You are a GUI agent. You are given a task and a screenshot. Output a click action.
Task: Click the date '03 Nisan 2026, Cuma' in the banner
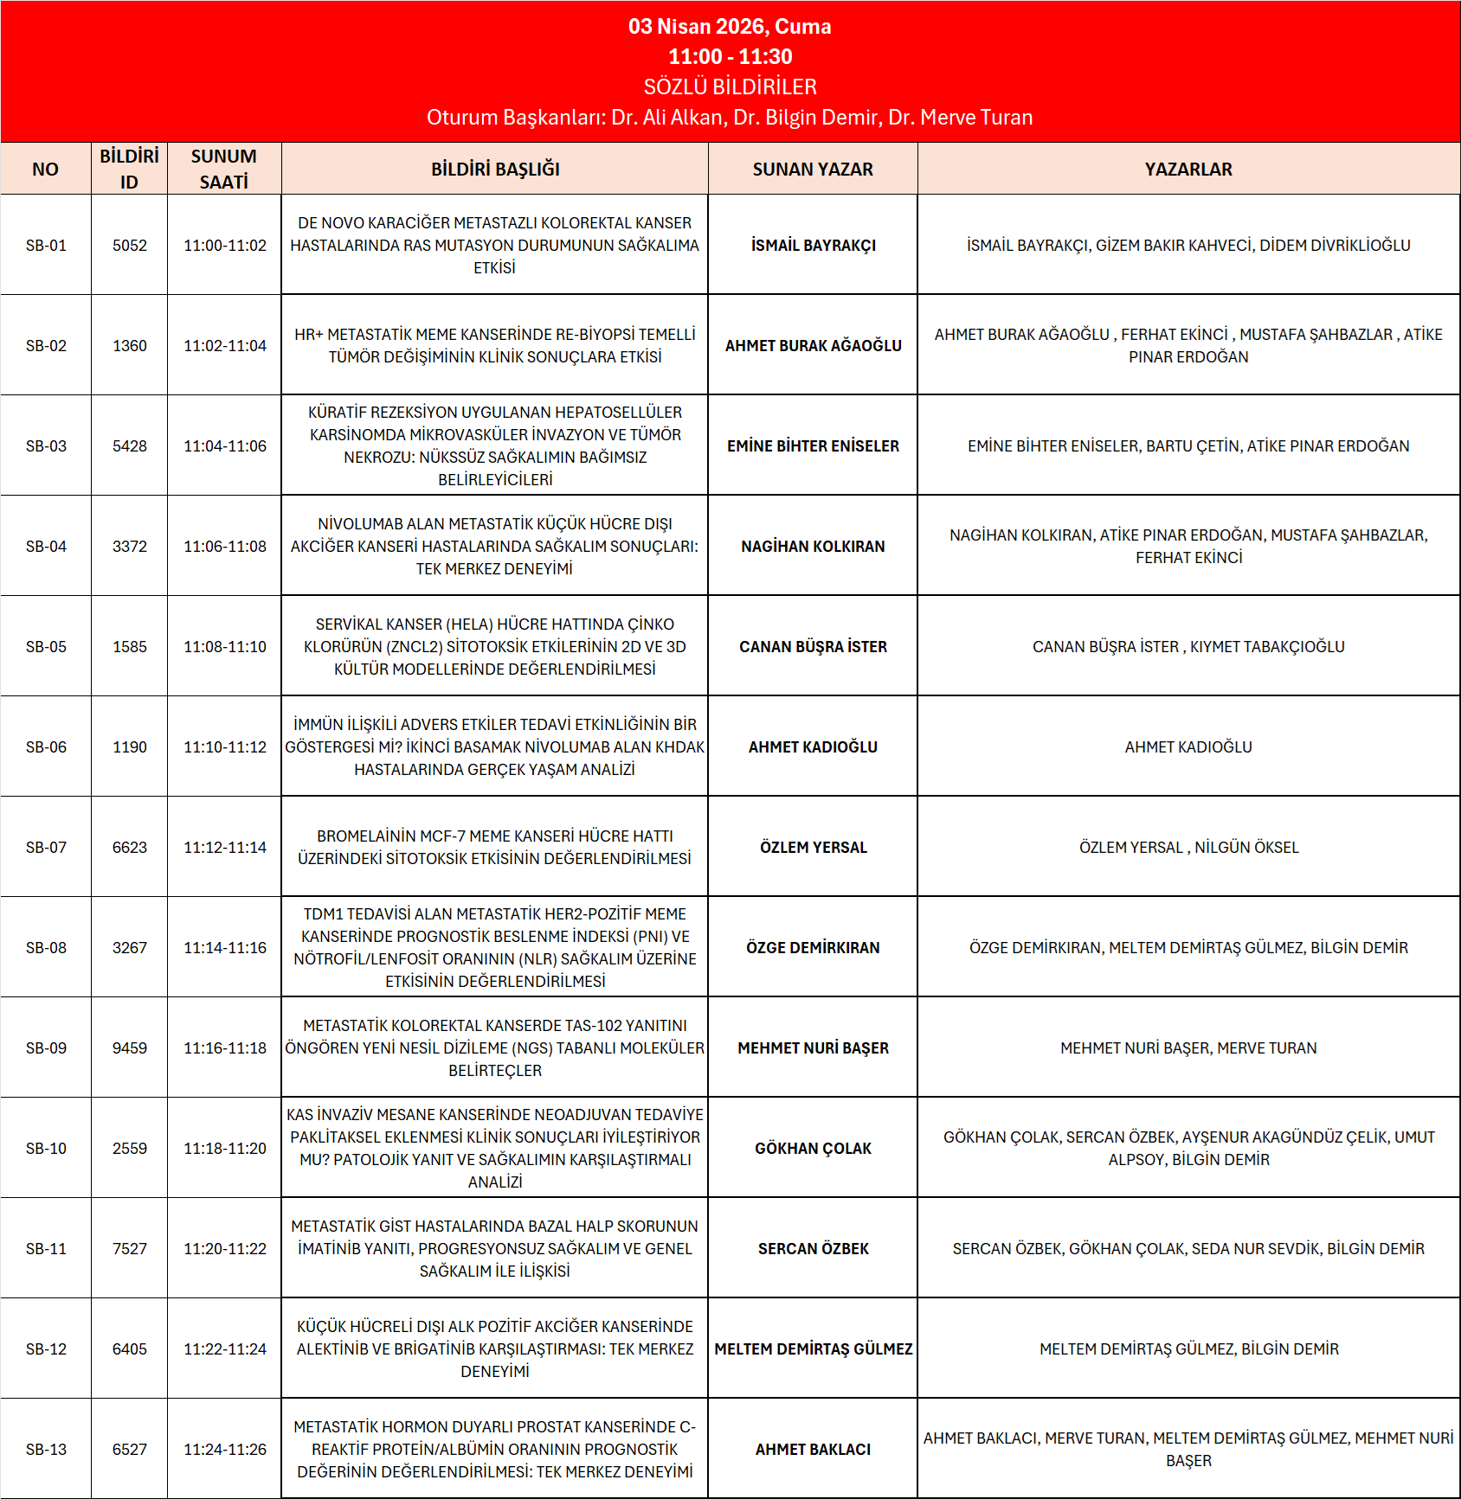pos(730,27)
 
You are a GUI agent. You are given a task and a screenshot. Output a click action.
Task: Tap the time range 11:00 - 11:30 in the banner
pos(730,57)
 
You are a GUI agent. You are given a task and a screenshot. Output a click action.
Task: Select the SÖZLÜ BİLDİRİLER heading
pos(730,86)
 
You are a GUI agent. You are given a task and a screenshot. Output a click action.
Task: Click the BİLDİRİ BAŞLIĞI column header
pos(495,170)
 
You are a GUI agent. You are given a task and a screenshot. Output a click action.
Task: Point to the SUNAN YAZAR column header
pos(813,170)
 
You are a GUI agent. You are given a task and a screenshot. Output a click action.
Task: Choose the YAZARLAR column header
pos(1188,170)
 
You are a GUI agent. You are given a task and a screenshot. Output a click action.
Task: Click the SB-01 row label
pos(46,246)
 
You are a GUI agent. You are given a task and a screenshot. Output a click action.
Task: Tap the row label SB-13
pos(46,1450)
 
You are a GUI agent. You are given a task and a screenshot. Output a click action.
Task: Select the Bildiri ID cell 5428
pos(130,446)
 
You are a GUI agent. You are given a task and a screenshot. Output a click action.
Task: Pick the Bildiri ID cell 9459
pos(130,1048)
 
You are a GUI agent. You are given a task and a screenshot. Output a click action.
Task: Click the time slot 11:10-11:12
pos(225,747)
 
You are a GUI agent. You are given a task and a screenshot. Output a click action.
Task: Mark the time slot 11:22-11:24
pos(225,1349)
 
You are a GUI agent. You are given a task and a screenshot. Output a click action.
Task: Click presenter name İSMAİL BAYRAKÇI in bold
pos(813,246)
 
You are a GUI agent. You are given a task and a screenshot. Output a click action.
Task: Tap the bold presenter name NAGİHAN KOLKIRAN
pos(813,547)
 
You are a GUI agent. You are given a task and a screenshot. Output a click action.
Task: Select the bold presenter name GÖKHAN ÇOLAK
pos(813,1149)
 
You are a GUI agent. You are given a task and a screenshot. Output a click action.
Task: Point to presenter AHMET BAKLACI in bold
pos(813,1450)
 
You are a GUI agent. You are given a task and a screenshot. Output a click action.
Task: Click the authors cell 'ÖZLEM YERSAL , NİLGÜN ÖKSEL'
pos(1188,848)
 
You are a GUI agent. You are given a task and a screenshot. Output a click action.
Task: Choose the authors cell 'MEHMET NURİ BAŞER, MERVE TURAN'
pos(1188,1048)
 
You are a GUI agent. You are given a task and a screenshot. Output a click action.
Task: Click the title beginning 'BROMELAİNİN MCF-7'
pos(495,848)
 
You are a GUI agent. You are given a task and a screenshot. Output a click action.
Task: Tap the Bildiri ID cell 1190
pos(130,747)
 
